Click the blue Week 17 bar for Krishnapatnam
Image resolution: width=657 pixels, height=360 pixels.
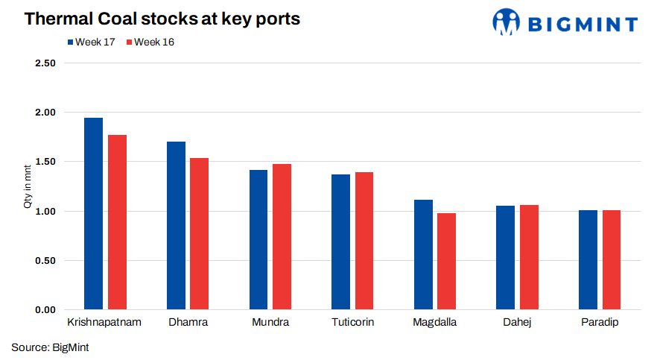(x=93, y=214)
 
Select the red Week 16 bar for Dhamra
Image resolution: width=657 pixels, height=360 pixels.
(x=199, y=234)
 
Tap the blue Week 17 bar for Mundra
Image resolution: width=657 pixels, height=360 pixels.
(x=258, y=240)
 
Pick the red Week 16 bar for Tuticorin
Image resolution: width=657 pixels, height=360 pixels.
(x=364, y=241)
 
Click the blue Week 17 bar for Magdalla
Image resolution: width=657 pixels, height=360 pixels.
(x=423, y=255)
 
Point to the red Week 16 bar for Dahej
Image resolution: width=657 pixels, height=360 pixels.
(x=529, y=257)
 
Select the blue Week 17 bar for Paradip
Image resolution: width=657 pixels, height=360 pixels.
(x=588, y=260)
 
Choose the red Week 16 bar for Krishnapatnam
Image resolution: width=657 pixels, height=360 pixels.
(x=117, y=222)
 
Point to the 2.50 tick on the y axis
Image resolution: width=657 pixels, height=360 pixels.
(x=45, y=63)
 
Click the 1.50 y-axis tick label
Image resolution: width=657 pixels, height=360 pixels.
(x=45, y=162)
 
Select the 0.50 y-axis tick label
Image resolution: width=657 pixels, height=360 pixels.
(x=45, y=261)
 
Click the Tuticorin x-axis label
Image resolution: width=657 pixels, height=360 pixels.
(x=352, y=323)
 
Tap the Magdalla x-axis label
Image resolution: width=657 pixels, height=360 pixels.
(x=434, y=323)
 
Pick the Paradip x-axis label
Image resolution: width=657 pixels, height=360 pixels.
(x=600, y=323)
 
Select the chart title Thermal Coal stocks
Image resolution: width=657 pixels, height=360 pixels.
(x=162, y=19)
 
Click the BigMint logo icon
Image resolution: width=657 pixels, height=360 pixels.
(x=506, y=22)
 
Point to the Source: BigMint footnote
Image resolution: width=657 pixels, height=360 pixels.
(x=50, y=347)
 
